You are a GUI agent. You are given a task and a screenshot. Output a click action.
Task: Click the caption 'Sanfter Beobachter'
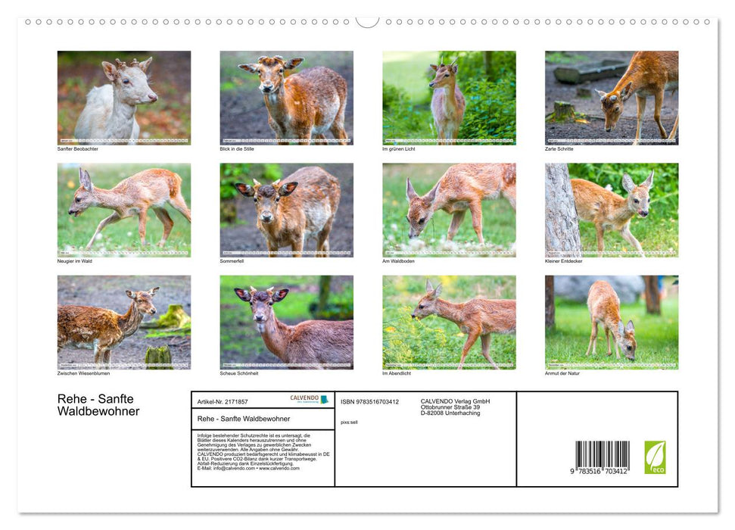[78, 149]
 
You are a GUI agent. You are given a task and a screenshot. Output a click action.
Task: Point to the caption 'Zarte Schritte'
[559, 149]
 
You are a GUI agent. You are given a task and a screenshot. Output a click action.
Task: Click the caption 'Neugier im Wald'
[76, 261]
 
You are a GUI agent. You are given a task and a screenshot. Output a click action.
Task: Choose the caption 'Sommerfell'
[232, 261]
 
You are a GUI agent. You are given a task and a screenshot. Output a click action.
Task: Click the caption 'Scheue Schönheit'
[239, 373]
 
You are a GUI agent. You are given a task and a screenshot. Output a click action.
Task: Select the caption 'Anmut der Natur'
[562, 373]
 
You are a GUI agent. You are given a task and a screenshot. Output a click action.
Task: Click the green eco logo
[655, 457]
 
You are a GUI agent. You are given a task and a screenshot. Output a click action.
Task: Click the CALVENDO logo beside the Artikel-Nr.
[310, 399]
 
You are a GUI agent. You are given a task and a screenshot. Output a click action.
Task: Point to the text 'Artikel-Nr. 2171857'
[223, 401]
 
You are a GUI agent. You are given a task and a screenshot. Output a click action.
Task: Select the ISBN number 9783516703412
[369, 401]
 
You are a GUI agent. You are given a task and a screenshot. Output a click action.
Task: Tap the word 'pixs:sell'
[349, 422]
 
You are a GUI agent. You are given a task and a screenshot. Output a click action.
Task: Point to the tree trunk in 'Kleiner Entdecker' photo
[562, 210]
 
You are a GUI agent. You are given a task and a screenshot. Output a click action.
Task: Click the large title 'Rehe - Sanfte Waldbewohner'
[98, 405]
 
